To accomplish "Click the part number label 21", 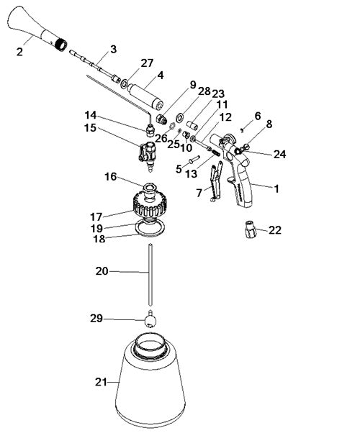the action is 101,382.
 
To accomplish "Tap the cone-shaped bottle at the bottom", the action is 150,381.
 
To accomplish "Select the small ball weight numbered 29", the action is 150,319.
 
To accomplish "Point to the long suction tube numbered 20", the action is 150,275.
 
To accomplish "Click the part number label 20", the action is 102,271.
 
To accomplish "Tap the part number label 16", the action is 111,176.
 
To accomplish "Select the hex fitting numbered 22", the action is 251,229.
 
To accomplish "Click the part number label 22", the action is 275,230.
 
